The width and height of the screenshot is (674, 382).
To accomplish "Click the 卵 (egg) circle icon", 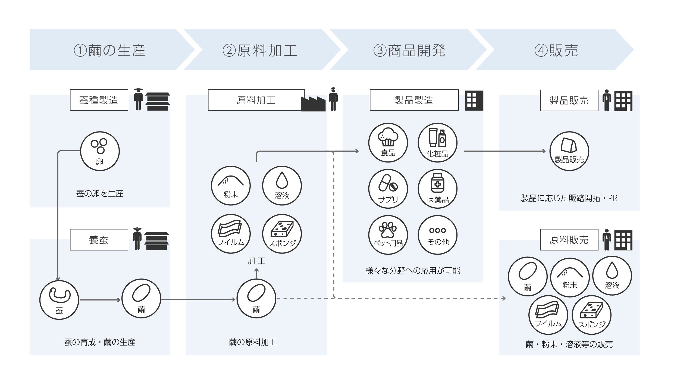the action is click(x=100, y=151).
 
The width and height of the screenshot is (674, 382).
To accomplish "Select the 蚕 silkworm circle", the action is click(x=59, y=300).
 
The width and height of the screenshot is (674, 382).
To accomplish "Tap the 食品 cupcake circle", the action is click(x=388, y=143).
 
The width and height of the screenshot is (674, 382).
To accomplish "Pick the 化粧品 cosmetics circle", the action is click(x=437, y=143).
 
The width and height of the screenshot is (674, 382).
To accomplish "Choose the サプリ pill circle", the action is click(x=388, y=189).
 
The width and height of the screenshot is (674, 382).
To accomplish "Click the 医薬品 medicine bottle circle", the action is click(x=437, y=189).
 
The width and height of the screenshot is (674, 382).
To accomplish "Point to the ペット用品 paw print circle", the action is click(x=388, y=235).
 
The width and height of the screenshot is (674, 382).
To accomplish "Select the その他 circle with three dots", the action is click(x=437, y=235).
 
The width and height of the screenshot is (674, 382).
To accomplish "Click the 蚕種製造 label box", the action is click(x=99, y=100).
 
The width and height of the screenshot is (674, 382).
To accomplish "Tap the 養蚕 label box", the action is click(x=99, y=240).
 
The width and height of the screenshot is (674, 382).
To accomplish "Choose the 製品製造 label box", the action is click(x=414, y=100).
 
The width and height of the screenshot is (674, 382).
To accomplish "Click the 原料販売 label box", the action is click(x=569, y=240).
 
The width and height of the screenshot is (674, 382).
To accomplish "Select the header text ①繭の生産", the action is click(x=109, y=51).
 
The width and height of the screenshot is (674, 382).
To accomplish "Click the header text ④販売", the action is click(x=556, y=51).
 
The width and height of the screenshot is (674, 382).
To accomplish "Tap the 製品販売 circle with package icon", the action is click(x=569, y=151).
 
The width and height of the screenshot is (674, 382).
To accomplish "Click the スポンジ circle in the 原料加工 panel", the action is click(x=282, y=234).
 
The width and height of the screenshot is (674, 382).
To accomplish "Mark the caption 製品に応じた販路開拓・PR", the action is click(x=569, y=198).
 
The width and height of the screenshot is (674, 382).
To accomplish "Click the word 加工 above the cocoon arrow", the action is click(x=256, y=261).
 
